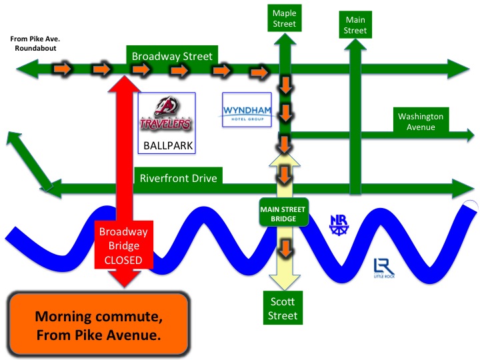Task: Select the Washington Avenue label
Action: click(421, 121)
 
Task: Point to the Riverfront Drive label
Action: click(177, 178)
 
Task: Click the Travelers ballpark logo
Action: click(165, 115)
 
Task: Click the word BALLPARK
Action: click(165, 145)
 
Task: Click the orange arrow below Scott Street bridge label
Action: click(285, 249)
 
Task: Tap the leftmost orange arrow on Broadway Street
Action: click(62, 68)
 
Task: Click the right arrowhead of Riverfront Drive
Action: click(461, 188)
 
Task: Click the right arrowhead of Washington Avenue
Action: click(467, 135)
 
